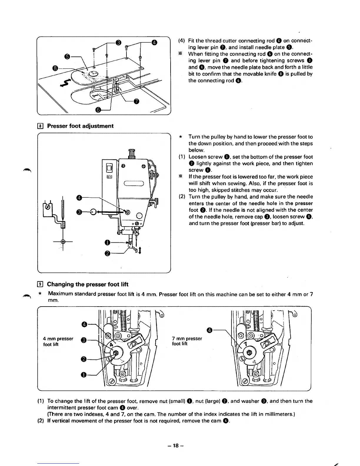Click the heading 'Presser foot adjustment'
80,126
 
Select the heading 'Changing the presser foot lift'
88,284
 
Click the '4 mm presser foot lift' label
58,342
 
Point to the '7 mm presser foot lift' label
187,341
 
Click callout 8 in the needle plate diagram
55,69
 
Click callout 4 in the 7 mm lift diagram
210,330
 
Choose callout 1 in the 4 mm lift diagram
84,375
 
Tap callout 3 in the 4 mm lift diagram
84,340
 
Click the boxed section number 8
41,126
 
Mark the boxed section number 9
41,284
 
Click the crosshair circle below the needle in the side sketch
63,242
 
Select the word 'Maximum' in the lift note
60,294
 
